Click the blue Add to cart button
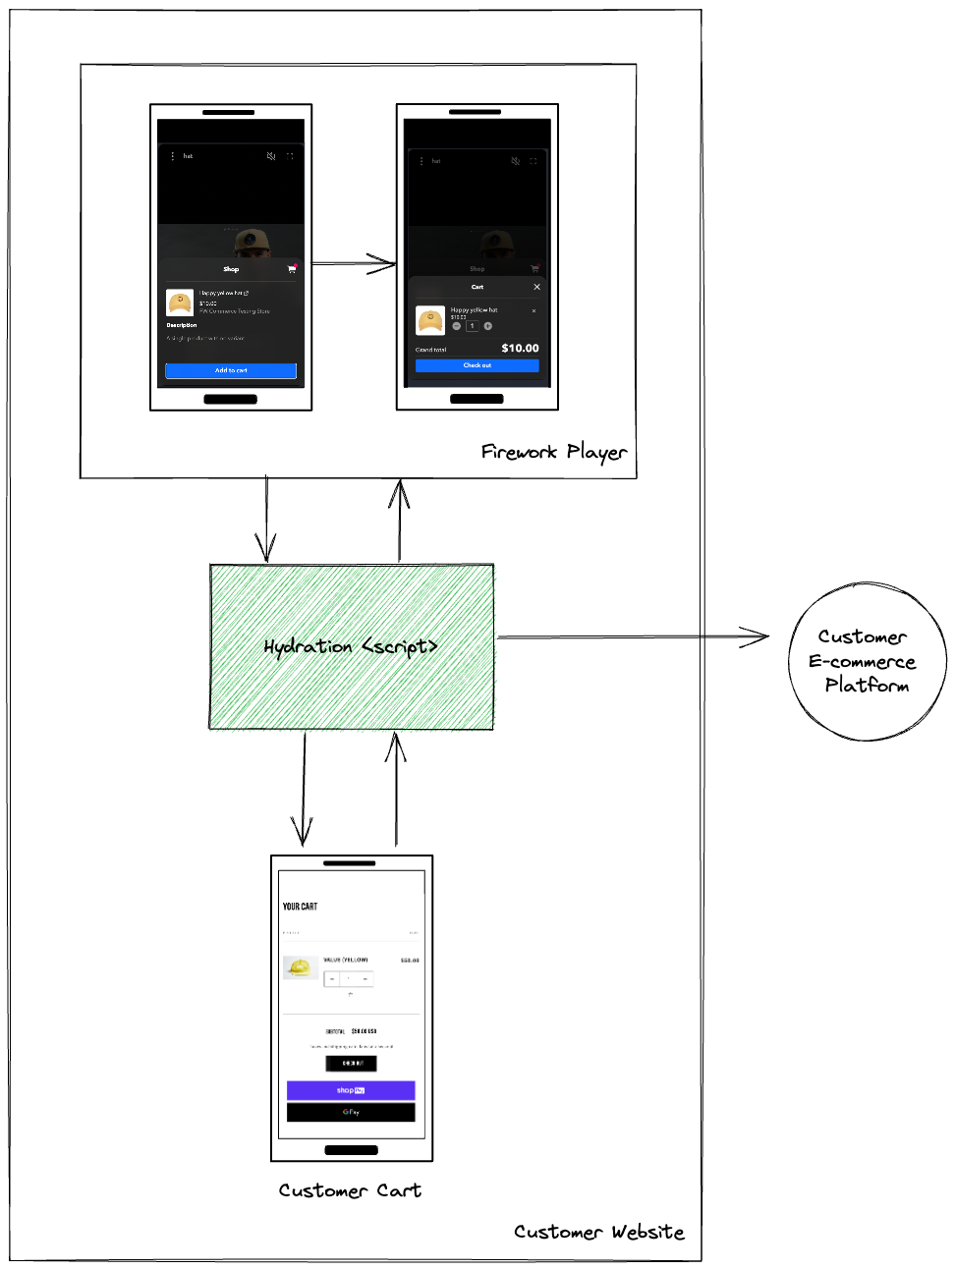231,370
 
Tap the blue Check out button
477,365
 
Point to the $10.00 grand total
520,349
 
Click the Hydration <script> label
351,646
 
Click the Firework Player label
553,452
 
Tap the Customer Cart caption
350,1190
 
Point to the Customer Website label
598,1232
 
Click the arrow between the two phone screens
354,263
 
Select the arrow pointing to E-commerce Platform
634,637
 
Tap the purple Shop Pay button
351,1090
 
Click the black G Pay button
351,1112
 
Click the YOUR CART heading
300,907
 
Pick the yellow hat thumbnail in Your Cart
300,968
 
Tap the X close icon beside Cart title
536,287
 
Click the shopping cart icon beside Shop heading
292,268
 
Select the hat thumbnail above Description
180,302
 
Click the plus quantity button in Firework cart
488,326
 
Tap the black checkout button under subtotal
351,1063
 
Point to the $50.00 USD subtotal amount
364,1031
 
